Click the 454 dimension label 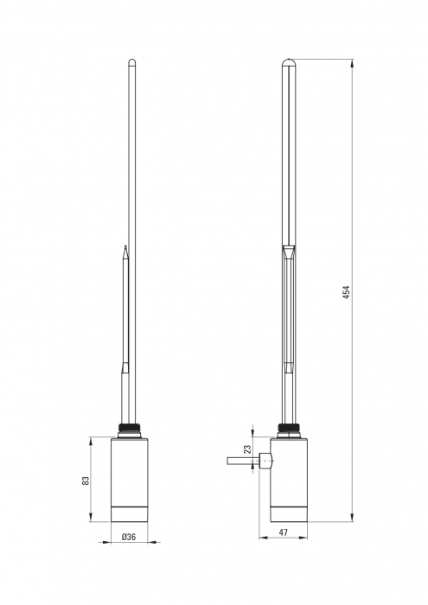(x=346, y=292)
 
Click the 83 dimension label (x=86, y=481)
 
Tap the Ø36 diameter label (x=129, y=537)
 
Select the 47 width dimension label (x=284, y=532)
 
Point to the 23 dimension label (x=247, y=449)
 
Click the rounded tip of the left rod (x=132, y=61)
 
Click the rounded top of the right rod (x=289, y=62)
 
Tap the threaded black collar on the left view (x=129, y=429)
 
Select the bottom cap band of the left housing (x=129, y=513)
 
